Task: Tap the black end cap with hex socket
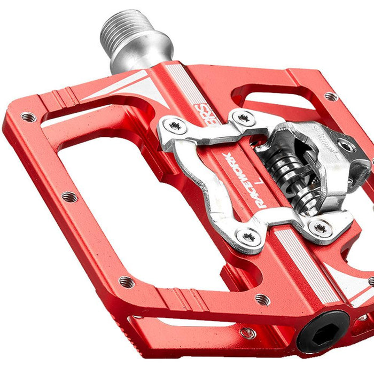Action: point(323,332)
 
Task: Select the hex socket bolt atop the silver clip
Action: point(347,146)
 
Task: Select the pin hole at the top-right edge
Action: point(331,97)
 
